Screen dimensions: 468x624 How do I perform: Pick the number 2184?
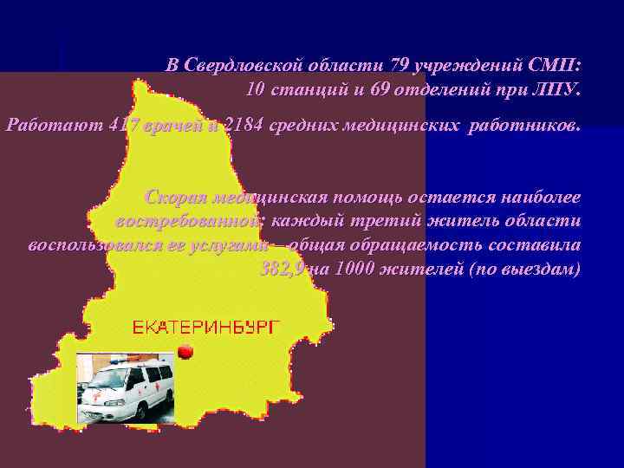(x=243, y=126)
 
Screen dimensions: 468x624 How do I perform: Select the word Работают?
(x=51, y=126)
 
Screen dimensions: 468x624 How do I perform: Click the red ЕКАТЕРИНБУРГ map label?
(x=207, y=327)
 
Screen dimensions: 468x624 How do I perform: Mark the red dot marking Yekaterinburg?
(x=184, y=351)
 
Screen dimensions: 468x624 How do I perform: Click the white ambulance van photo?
(x=126, y=391)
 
